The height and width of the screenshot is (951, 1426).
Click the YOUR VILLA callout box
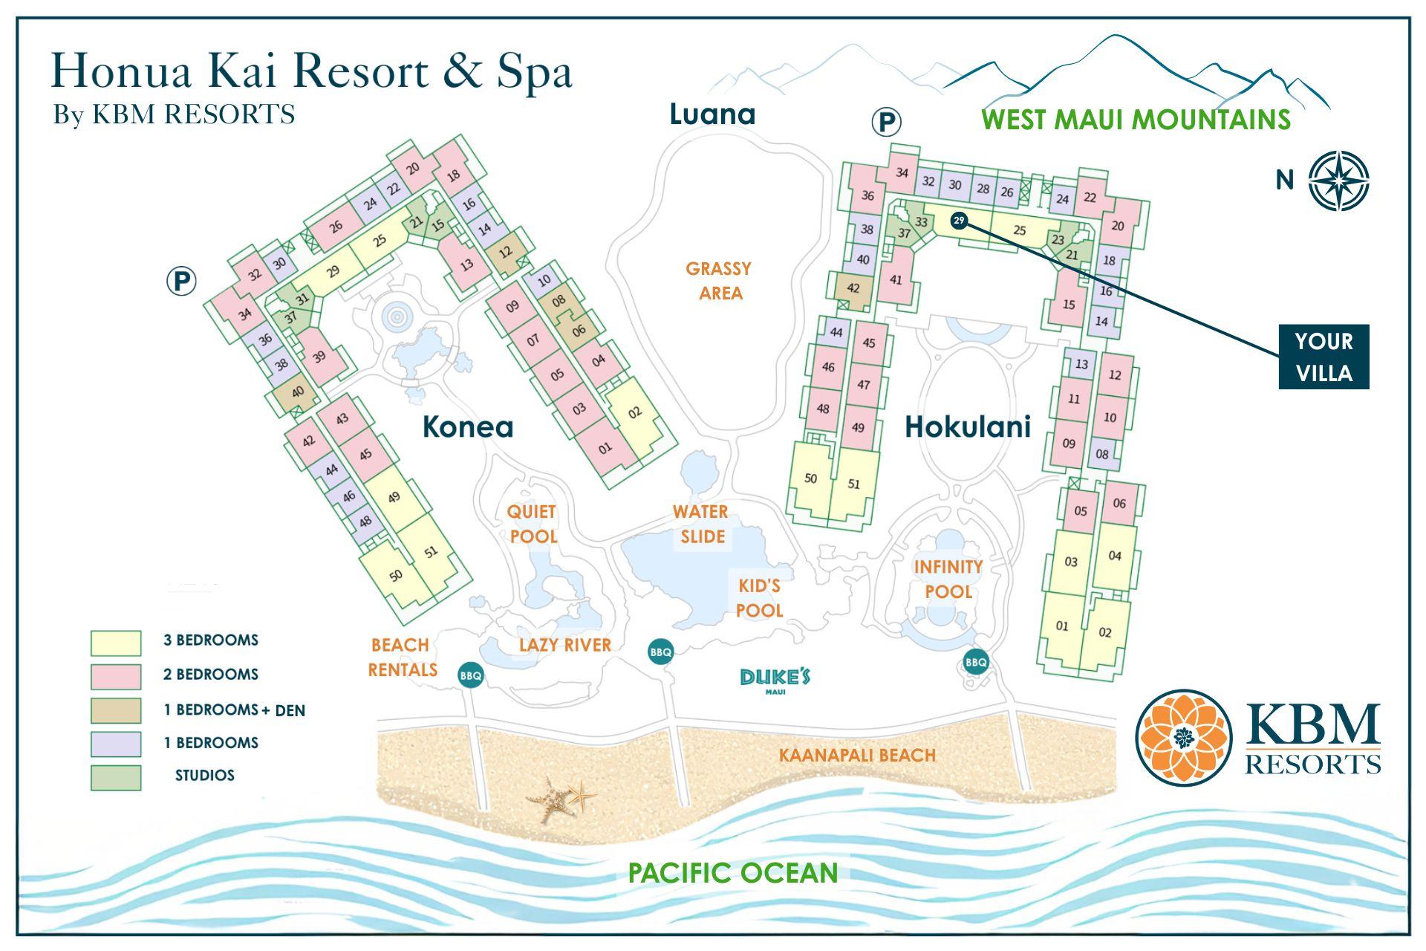tap(1323, 357)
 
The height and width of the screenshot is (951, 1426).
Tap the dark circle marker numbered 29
tap(959, 221)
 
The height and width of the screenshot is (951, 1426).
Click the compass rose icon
tap(1338, 181)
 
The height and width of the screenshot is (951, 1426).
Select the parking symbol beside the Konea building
tap(181, 282)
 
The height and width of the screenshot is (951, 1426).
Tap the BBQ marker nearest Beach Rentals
tap(471, 675)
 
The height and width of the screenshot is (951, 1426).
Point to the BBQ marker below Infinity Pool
tap(976, 661)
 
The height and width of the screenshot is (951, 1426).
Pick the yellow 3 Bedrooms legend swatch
tap(116, 643)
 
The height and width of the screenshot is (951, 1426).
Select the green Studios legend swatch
tap(116, 777)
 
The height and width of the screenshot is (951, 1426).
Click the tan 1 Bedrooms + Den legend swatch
tap(116, 710)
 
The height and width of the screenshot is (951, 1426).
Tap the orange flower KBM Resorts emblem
tap(1183, 737)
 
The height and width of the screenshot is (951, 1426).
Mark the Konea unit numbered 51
tap(432, 551)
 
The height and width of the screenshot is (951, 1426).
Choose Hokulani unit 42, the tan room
tap(853, 288)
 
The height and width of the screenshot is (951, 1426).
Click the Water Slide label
tap(701, 524)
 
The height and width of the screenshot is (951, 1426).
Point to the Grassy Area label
tap(719, 280)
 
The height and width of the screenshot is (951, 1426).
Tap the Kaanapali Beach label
tap(857, 756)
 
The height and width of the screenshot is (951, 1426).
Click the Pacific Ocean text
tap(732, 872)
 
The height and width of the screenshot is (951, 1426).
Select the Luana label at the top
tap(712, 114)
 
